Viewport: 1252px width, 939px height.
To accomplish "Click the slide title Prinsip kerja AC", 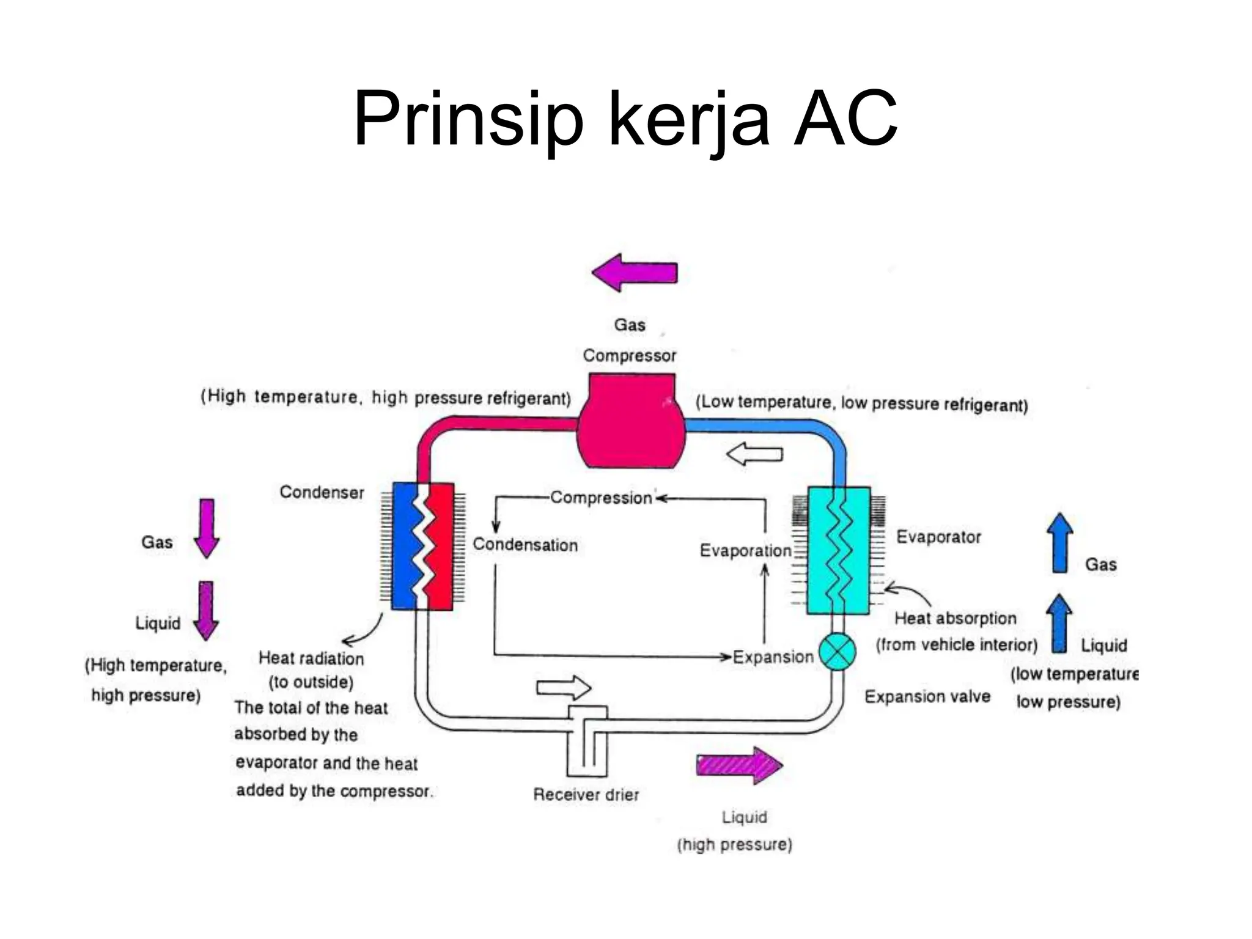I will (x=625, y=119).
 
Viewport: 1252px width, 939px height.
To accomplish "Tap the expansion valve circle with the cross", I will (x=837, y=652).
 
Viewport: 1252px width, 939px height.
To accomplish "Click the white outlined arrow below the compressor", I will (x=754, y=455).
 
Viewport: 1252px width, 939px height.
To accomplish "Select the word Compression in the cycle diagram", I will (x=601, y=498).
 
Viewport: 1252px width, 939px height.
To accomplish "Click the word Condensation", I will (x=525, y=545).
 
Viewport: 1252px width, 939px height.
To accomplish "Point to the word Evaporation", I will (x=745, y=550).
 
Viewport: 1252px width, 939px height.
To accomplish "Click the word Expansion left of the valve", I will (x=773, y=657).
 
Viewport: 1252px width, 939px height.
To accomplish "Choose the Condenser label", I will (x=322, y=492).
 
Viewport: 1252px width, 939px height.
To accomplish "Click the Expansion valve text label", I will (x=927, y=696).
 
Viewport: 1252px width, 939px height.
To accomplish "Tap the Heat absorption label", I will (x=955, y=618).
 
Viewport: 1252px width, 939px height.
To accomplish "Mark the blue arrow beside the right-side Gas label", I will (x=1060, y=543).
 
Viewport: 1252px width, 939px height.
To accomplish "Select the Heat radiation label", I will (x=311, y=658).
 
